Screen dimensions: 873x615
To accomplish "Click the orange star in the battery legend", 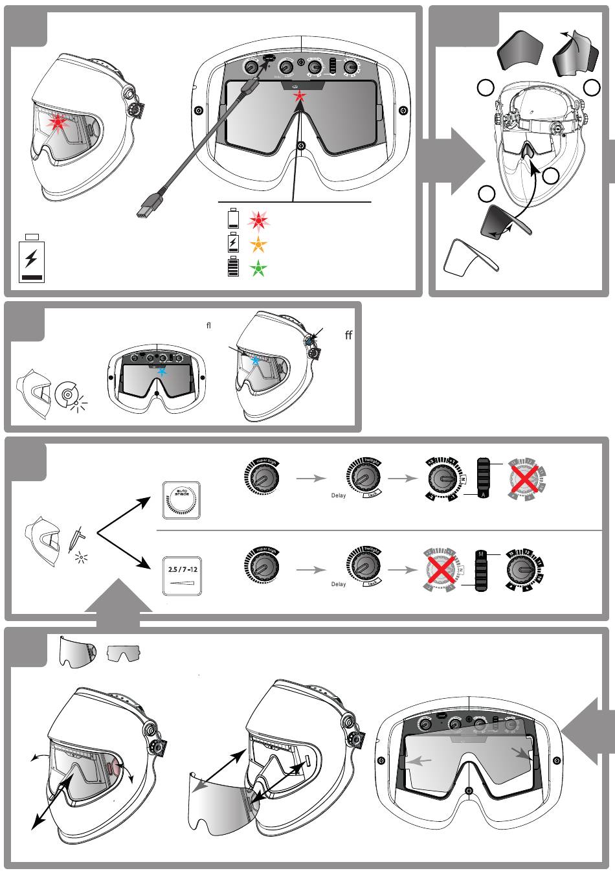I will pos(258,245).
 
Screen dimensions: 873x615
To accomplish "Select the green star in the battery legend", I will pos(258,267).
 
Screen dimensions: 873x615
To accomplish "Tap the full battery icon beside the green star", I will pos(234,267).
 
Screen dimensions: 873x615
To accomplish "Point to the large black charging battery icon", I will pos(31,260).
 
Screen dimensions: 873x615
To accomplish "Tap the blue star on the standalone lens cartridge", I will pos(161,372).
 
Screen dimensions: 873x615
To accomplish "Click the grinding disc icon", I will pos(67,394).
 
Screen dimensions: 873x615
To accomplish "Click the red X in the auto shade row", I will pos(526,480).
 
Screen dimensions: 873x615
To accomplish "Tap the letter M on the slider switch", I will pos(481,554).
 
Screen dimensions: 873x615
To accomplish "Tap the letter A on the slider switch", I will pos(482,494).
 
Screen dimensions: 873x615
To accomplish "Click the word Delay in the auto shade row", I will pos(339,496).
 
